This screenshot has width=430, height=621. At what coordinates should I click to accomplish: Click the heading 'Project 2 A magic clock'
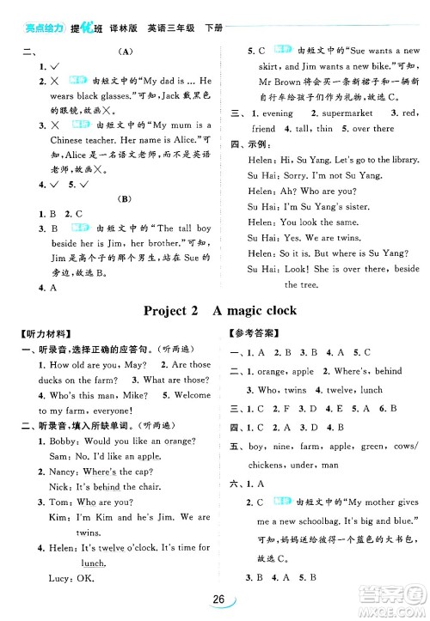[x=219, y=310]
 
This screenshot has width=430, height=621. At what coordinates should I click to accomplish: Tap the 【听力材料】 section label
[x=31, y=334]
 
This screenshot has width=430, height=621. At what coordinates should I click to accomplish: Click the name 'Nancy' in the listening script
[x=42, y=472]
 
